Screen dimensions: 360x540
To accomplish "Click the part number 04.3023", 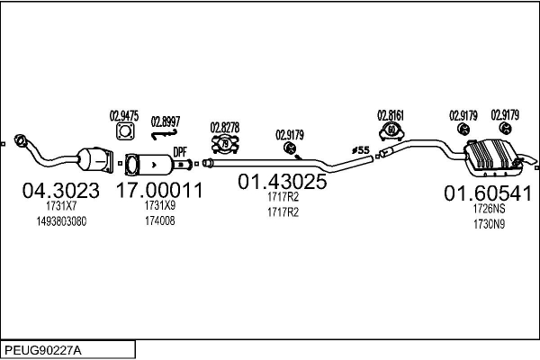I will pyautogui.click(x=53, y=191).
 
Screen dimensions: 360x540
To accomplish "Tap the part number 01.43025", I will pyautogui.click(x=282, y=181).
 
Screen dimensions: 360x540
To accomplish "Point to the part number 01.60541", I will pyautogui.click(x=488, y=193).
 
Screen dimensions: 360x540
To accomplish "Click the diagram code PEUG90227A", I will pyautogui.click(x=42, y=348).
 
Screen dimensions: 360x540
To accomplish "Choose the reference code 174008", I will pyautogui.click(x=158, y=220).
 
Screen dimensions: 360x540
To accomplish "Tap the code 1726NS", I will pyautogui.click(x=489, y=209).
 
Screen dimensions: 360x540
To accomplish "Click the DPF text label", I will pyautogui.click(x=180, y=152).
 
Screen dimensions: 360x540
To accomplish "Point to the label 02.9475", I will pyautogui.click(x=124, y=114).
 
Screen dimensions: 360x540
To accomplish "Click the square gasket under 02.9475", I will pyautogui.click(x=124, y=133).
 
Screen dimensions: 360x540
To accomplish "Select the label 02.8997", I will pyautogui.click(x=166, y=121).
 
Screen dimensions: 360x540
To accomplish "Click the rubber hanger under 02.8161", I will pyautogui.click(x=392, y=132).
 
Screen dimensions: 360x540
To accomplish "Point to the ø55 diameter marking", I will pyautogui.click(x=360, y=149).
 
